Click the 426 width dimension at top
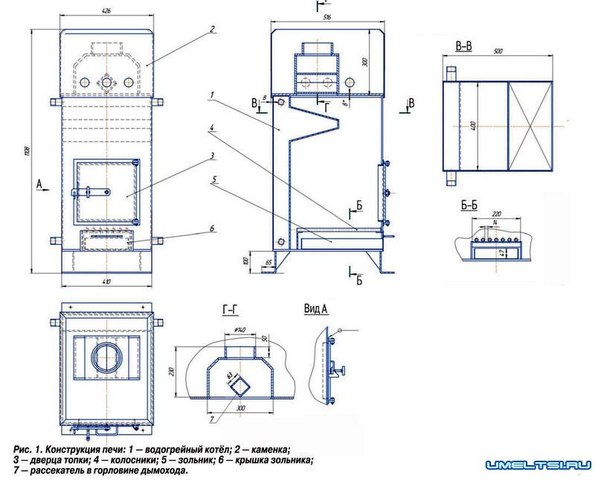(x=109, y=12)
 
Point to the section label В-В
(x=463, y=46)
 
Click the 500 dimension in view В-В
(x=499, y=52)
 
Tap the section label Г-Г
(x=230, y=309)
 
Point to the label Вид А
(x=317, y=308)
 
